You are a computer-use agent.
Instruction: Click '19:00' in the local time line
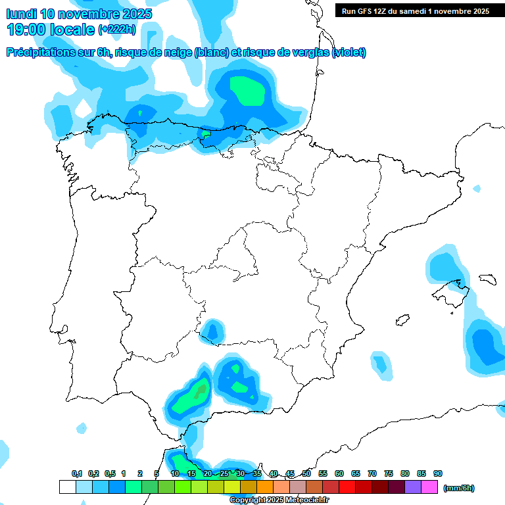click(26, 29)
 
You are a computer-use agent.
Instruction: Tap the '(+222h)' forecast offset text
click(116, 29)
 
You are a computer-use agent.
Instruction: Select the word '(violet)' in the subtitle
click(349, 53)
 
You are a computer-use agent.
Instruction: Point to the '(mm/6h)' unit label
click(458, 488)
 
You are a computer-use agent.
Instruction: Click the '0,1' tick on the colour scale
click(77, 473)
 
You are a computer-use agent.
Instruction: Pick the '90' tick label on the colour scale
click(438, 473)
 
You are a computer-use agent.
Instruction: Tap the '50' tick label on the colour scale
click(306, 473)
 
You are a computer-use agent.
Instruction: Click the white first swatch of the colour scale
click(67, 487)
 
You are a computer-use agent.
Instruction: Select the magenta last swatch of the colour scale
click(429, 487)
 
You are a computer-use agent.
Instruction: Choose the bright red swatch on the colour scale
click(347, 487)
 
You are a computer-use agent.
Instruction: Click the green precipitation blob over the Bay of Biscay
click(247, 91)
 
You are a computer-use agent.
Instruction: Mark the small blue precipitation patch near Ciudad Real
click(212, 328)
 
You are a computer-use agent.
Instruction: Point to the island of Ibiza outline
click(402, 320)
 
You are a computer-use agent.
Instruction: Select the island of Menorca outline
click(487, 279)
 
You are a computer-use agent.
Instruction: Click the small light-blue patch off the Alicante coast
click(381, 364)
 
